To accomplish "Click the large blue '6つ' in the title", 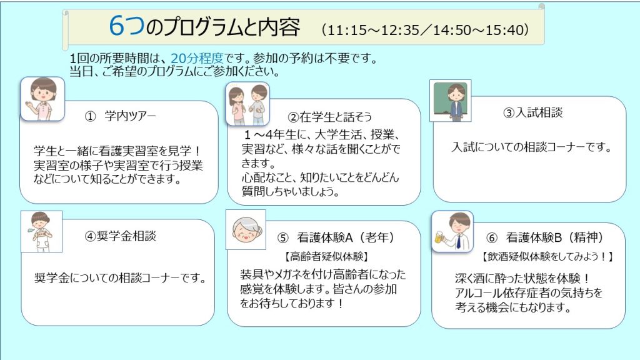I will [x=126, y=27].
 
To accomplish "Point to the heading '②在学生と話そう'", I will [x=330, y=117].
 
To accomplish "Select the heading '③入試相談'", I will [x=533, y=112].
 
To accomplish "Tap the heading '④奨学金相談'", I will [x=121, y=236].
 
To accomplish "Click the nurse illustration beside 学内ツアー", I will [x=42, y=99].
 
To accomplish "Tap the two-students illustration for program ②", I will [x=247, y=104].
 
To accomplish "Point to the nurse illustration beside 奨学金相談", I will [x=41, y=231].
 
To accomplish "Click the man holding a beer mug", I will [x=453, y=232].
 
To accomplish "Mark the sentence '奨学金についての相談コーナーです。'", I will [x=121, y=277].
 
